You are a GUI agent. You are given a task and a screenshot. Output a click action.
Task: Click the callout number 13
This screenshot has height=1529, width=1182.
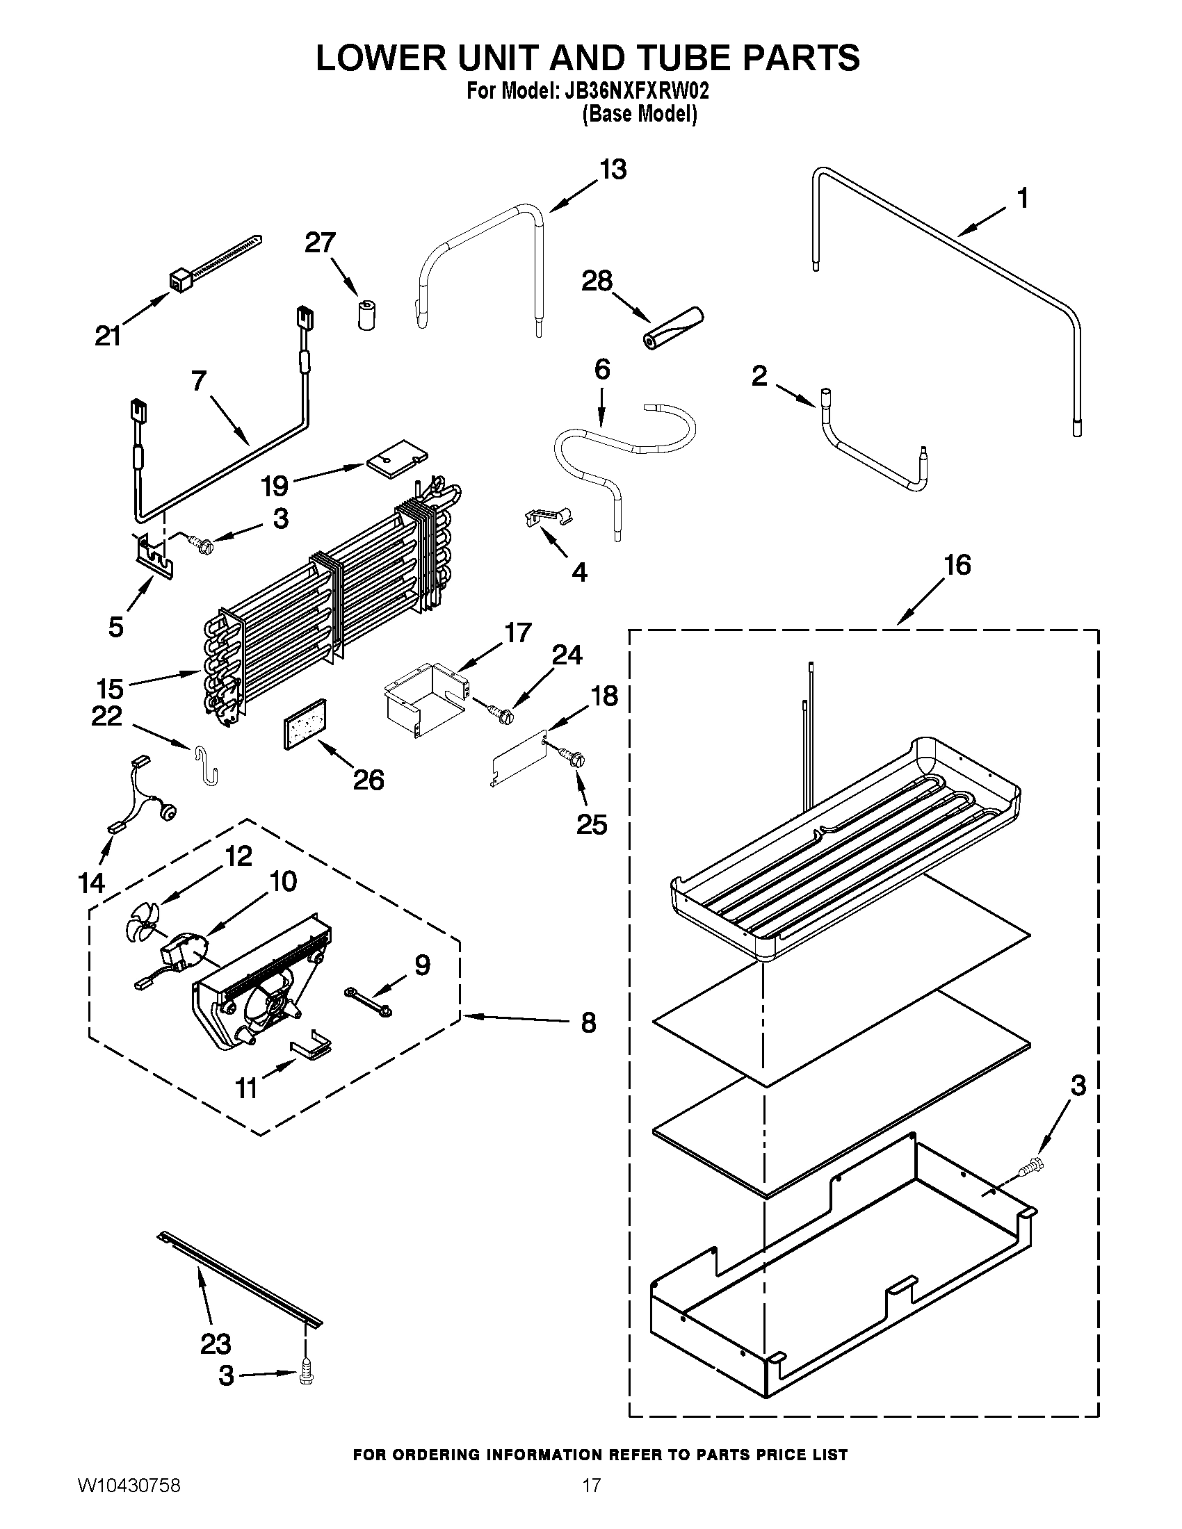point(613,170)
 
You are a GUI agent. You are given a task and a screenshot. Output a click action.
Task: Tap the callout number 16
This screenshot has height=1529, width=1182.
point(957,565)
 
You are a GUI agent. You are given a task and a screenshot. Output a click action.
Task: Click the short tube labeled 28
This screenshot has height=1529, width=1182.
point(673,327)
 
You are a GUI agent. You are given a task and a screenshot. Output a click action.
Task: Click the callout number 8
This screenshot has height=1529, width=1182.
point(588,1023)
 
